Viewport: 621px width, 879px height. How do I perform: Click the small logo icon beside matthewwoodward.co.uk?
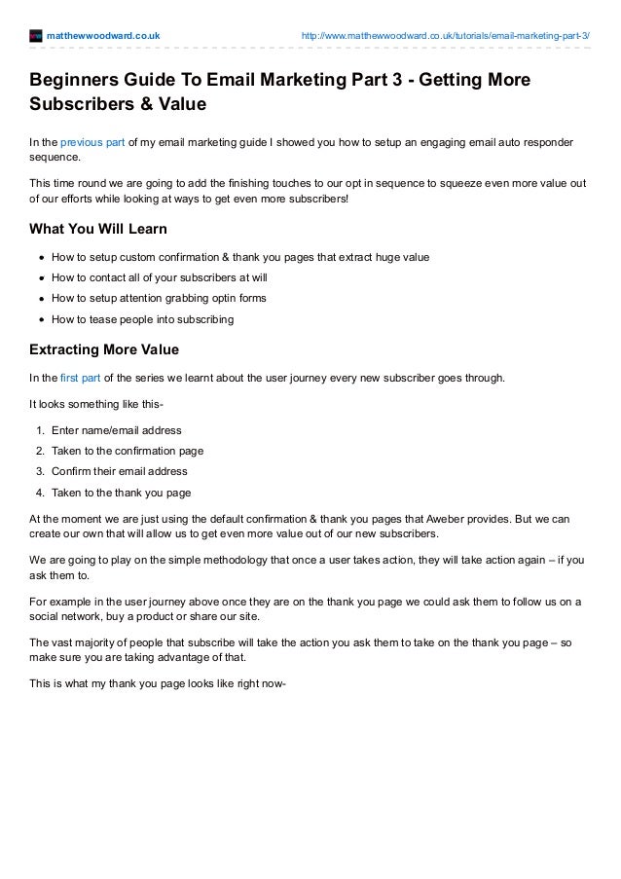point(36,37)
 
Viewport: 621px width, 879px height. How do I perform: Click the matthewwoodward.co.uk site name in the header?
point(103,37)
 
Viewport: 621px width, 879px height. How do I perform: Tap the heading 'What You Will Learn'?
point(99,229)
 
